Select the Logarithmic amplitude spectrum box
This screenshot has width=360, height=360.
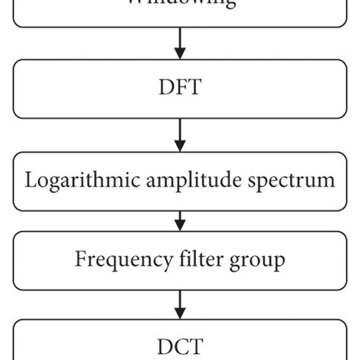[180, 181]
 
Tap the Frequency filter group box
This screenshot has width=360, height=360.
[180, 260]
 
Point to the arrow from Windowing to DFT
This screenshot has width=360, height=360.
[180, 45]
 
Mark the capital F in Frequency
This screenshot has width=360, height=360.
[79, 260]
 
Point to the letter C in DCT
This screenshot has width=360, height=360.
[180, 348]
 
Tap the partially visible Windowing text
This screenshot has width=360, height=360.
[180, 4]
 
